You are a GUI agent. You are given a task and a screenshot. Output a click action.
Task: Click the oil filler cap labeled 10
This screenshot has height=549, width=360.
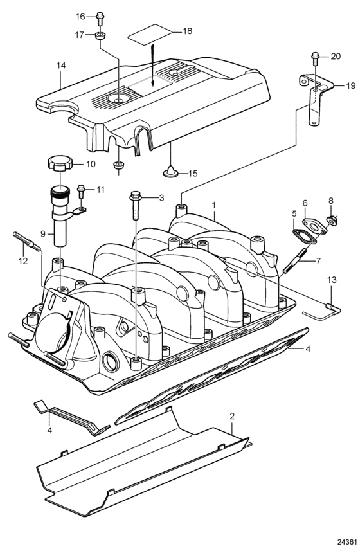point(60,164)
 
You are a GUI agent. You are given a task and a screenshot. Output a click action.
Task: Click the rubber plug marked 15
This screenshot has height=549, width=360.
point(170,172)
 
